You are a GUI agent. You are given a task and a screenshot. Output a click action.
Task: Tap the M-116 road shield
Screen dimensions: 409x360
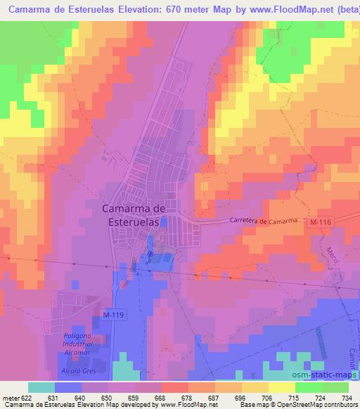point(321,222)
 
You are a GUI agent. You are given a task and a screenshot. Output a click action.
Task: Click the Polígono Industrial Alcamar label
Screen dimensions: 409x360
point(74,345)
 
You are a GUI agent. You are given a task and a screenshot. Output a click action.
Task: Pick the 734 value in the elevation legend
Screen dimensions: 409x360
point(345,397)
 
